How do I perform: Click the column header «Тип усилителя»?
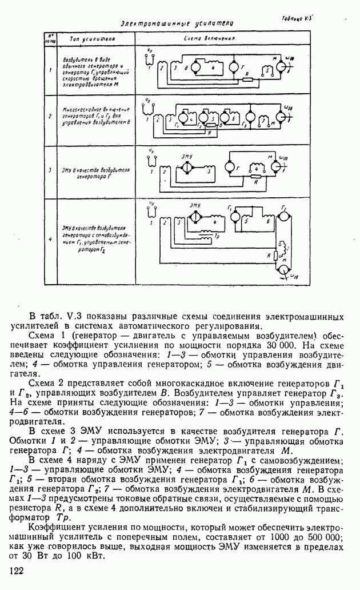[92, 39]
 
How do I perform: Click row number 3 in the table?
[50, 170]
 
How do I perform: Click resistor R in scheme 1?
[247, 79]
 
